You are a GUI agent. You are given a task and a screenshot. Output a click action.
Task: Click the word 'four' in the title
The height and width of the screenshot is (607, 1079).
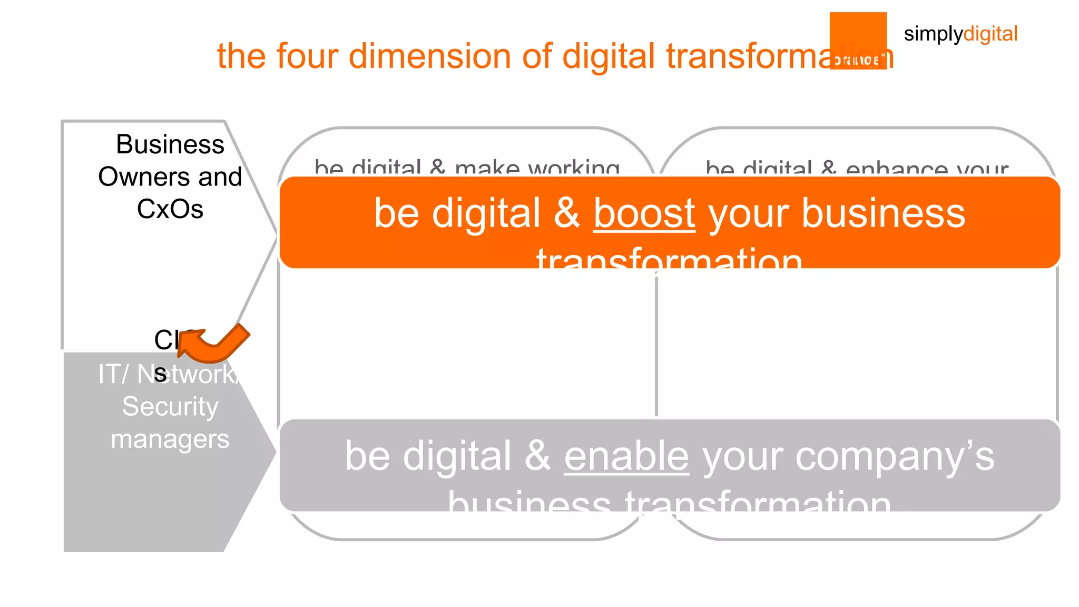coord(307,56)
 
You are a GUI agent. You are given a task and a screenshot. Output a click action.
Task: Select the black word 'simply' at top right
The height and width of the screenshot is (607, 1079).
coord(933,34)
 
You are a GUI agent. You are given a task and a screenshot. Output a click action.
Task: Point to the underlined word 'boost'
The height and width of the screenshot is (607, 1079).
coord(644,213)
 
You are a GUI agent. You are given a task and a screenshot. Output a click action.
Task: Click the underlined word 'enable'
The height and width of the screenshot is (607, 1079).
coord(626,456)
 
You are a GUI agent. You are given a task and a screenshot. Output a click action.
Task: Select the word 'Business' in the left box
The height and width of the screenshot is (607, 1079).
coord(170,144)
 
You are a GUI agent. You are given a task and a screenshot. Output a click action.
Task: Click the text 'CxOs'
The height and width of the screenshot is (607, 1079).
coord(170,209)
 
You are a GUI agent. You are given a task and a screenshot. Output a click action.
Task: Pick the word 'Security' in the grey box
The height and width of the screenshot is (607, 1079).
coord(170,406)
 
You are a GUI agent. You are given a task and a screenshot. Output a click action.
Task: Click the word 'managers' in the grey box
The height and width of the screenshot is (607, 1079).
coord(170,439)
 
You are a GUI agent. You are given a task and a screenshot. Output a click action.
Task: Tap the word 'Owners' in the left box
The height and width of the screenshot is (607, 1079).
coord(132,177)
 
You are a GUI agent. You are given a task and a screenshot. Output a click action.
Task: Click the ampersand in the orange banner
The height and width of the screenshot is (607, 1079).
coord(567,213)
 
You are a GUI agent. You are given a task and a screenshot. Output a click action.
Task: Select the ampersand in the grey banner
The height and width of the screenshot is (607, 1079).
coord(537,456)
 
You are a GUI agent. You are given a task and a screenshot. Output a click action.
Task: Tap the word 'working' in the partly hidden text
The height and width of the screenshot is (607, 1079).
coord(574,169)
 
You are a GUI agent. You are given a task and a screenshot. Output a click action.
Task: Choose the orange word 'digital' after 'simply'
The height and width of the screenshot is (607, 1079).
coord(990,34)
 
